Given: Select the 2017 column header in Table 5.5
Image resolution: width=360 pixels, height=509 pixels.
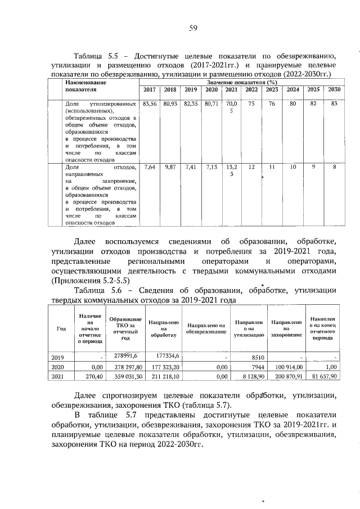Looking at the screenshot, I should (x=150, y=90).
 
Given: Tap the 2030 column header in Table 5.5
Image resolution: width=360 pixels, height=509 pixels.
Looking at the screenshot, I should (x=334, y=90).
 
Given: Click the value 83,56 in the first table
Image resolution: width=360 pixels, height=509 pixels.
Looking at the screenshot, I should (x=150, y=104).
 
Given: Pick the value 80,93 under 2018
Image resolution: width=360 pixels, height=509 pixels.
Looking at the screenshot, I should (x=170, y=104).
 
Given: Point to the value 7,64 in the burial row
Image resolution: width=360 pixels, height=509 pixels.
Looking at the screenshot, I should (x=150, y=167).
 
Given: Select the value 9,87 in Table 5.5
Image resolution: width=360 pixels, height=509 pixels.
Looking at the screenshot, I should (x=170, y=167).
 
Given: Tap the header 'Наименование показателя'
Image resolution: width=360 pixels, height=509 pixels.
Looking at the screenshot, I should (x=85, y=85).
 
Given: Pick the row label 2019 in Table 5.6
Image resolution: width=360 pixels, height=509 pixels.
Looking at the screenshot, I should (x=57, y=357).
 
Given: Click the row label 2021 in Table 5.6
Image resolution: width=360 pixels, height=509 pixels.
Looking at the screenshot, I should (x=57, y=376).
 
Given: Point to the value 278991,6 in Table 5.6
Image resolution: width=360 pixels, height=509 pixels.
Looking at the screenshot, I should (x=126, y=355).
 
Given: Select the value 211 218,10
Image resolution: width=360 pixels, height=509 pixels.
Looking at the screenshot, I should (x=164, y=376).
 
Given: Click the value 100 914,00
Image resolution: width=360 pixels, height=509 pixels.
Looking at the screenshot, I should (x=287, y=366).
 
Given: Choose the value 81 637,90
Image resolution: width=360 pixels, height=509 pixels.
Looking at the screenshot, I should (x=322, y=376).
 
